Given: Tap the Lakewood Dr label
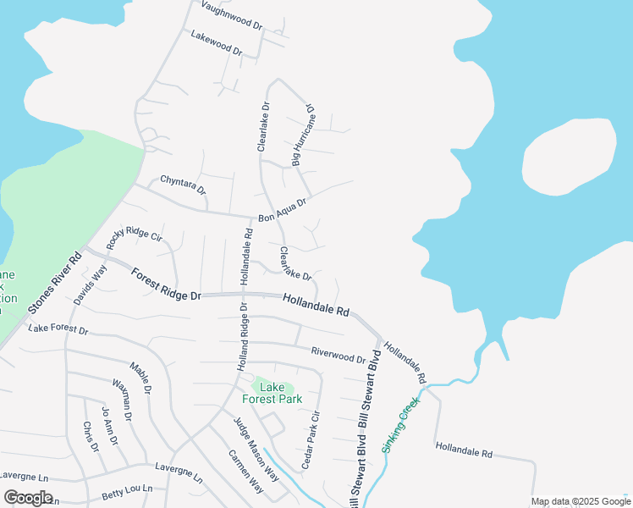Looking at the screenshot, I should [x=217, y=43].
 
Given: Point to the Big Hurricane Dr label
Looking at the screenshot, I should [x=302, y=135].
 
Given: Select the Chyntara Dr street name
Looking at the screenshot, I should [x=184, y=184].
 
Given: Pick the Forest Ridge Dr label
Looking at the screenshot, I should [x=166, y=284].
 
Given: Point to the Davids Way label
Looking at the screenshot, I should [x=91, y=285].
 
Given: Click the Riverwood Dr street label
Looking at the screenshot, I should [x=338, y=354].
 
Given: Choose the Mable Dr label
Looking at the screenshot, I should [x=140, y=378].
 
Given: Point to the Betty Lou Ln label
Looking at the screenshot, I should [x=127, y=489].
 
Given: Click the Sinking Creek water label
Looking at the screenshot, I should [x=401, y=426].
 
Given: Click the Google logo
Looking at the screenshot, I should [x=29, y=498].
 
